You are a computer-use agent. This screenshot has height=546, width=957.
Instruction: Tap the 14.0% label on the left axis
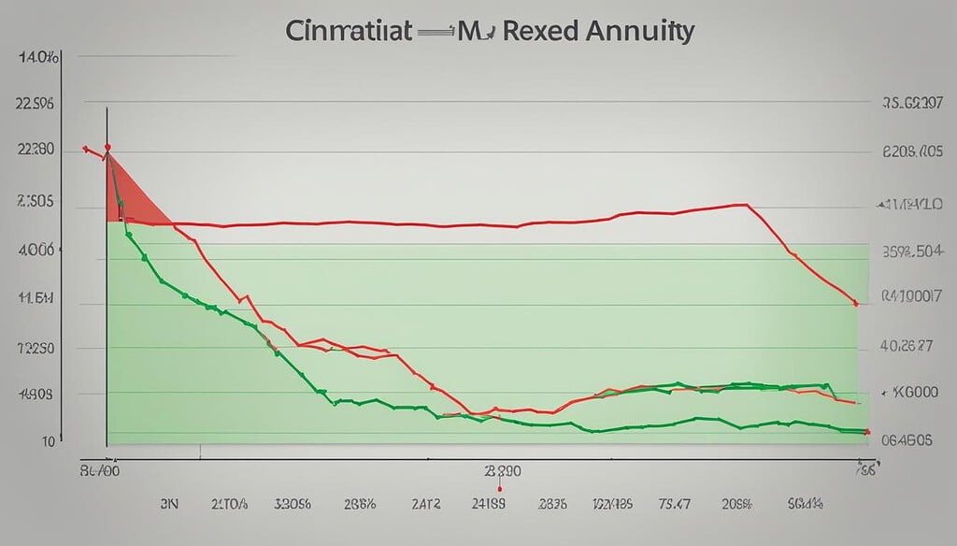pos(37,58)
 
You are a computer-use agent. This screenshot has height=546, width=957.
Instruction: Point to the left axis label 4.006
pos(36,251)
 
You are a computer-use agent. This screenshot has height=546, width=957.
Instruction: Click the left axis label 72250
pos(36,348)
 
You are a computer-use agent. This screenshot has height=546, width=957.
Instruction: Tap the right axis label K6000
pos(910,394)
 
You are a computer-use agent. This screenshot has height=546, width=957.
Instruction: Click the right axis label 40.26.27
pos(907,345)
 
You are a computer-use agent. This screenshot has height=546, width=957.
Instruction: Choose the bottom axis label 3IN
pos(168,504)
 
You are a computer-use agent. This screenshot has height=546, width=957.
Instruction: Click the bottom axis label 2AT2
pos(429,504)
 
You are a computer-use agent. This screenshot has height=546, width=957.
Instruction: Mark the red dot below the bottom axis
pos(501,488)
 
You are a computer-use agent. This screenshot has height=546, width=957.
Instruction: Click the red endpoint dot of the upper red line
pos(855,303)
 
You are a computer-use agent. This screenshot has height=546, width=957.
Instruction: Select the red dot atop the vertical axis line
pos(107,148)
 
